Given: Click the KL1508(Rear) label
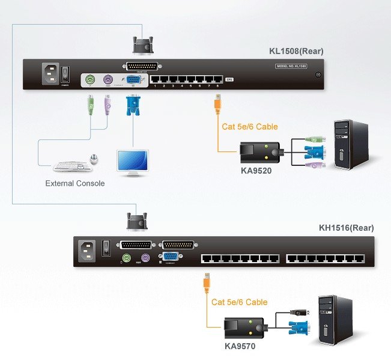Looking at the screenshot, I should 296,51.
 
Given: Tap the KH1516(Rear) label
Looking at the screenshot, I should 346,228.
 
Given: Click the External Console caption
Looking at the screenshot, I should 75,183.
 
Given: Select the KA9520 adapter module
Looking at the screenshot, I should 259,151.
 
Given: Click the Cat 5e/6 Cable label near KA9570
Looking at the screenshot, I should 240,302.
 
